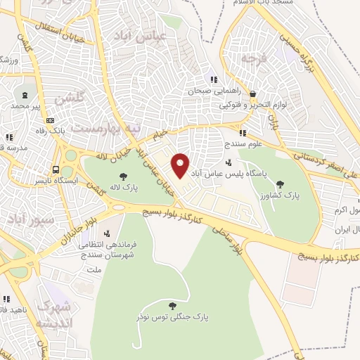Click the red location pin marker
181,165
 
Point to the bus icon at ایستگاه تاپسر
56,169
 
